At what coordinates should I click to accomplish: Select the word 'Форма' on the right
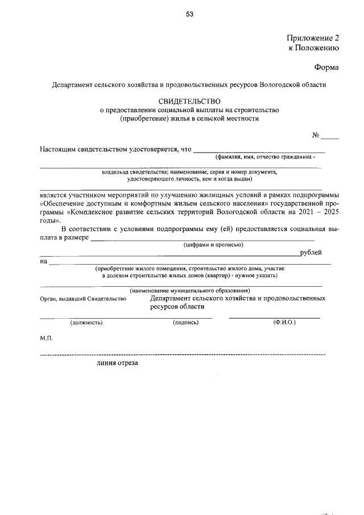coord(326,68)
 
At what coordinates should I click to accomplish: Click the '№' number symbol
coord(316,135)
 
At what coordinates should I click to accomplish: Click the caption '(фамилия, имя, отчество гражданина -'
coord(264,157)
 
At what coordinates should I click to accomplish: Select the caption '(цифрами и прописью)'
coord(213,245)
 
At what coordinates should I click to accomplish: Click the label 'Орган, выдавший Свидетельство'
coord(83,299)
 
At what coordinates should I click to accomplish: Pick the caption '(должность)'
coord(86,323)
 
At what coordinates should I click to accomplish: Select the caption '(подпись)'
coord(185,323)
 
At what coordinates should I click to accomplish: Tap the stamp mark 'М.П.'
coord(46,338)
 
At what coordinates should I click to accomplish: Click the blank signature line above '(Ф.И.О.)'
coord(274,317)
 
